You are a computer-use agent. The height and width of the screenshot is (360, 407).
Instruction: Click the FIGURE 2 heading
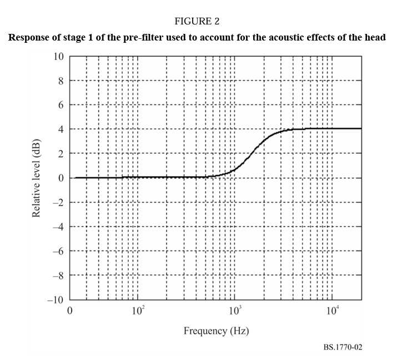click(197, 22)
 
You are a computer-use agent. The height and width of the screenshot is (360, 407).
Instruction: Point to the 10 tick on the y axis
click(58, 57)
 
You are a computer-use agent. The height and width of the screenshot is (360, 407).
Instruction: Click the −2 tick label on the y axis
click(58, 202)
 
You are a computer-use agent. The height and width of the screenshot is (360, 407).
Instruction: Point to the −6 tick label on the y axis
click(58, 251)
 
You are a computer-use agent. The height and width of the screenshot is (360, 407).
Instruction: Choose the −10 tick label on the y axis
click(56, 300)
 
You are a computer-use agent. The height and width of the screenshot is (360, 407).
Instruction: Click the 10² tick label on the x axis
click(138, 310)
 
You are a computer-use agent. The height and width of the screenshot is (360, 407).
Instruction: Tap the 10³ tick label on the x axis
click(235, 310)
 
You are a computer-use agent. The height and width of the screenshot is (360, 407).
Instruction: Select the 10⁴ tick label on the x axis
click(332, 310)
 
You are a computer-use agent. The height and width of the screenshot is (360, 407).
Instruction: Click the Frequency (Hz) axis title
click(216, 331)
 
